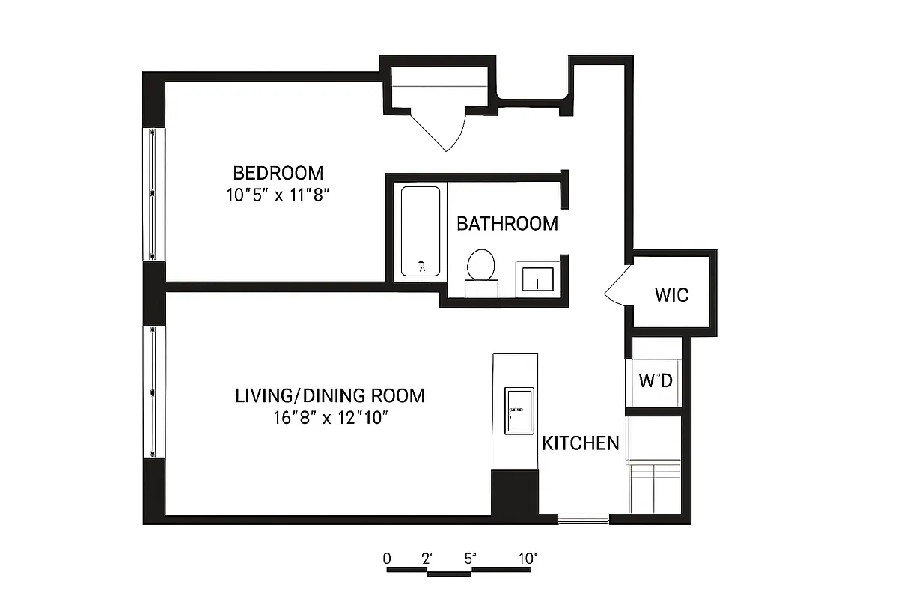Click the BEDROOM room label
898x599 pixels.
(278, 173)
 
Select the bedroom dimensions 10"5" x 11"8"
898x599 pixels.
(278, 195)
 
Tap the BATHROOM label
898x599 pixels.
(507, 223)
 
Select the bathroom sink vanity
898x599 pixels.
(537, 279)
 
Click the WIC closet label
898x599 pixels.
(671, 294)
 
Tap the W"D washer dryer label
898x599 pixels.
(656, 380)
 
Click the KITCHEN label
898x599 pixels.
(581, 443)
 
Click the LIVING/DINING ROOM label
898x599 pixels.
(330, 395)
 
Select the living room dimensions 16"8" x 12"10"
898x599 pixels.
(330, 418)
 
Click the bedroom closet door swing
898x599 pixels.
(440, 127)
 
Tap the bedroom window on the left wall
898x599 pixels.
(153, 194)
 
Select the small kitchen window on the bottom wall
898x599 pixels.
(584, 518)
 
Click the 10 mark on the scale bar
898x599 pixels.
(528, 558)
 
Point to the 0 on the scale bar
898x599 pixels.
(387, 558)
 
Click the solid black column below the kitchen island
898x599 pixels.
(515, 493)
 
